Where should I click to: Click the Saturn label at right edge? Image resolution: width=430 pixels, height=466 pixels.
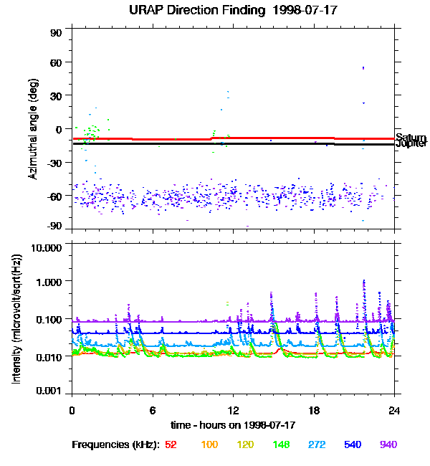[x=411, y=138]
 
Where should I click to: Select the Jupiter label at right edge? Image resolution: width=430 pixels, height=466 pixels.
[x=411, y=144]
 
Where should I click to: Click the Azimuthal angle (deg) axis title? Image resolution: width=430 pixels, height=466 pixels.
[x=33, y=129]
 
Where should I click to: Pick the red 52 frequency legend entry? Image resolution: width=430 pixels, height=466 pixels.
[x=171, y=444]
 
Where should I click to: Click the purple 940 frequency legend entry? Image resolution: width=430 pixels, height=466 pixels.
[x=389, y=444]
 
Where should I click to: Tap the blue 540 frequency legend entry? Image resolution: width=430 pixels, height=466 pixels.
[x=353, y=444]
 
